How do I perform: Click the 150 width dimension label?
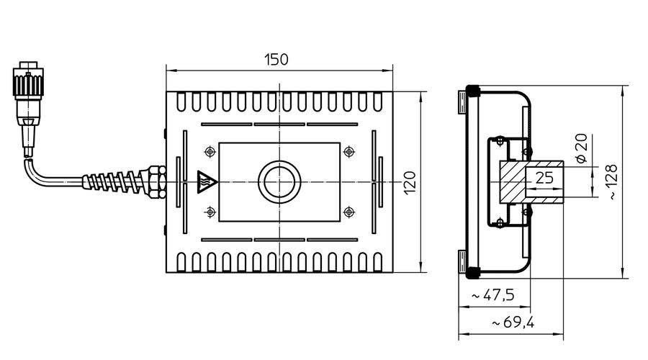pos(276,60)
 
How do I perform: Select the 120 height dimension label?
pos(409,183)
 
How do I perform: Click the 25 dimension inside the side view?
pos(544,178)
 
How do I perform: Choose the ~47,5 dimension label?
pos(493,295)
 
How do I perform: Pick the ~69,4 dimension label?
pos(513,322)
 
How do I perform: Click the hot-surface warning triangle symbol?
pos(206,182)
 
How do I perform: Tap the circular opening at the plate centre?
pos(279,182)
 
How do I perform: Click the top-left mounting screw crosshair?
pos(210,152)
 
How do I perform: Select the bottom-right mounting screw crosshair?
pos(349,212)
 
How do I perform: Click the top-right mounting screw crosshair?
pos(349,152)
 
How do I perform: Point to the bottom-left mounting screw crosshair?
pos(210,212)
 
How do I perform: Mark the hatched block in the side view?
pos(513,182)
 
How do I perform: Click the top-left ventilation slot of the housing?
pos(181,102)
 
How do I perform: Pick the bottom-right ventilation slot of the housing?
pos(377,261)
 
